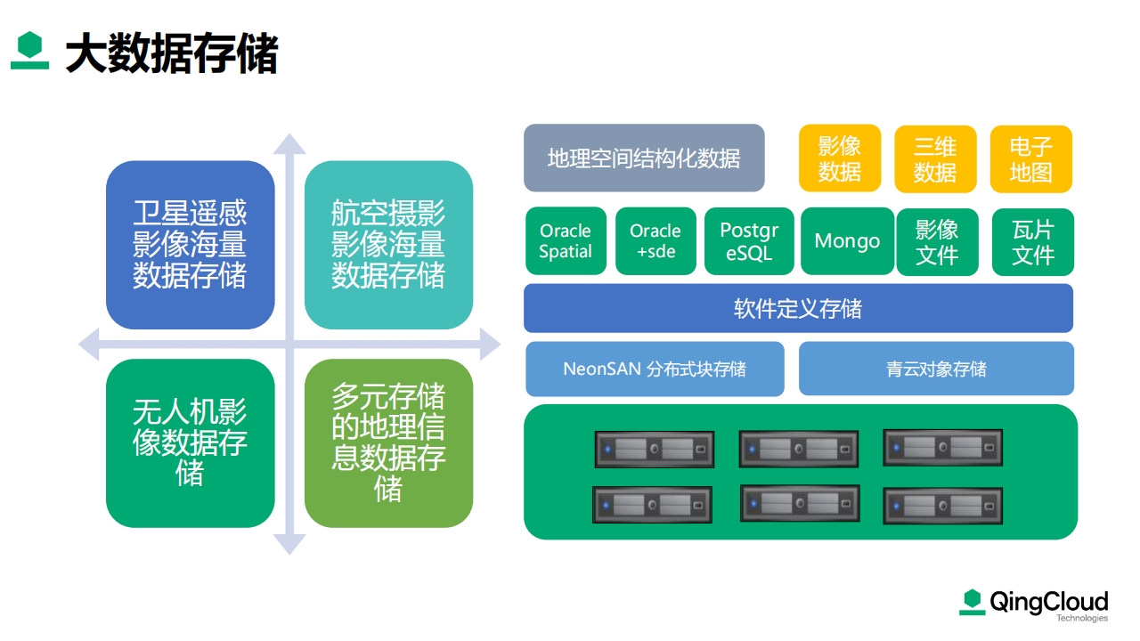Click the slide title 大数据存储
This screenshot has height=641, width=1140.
(172, 53)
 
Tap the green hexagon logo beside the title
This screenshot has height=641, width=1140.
(29, 50)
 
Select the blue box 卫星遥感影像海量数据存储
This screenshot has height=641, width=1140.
(191, 245)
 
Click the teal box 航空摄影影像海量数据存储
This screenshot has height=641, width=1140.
(389, 245)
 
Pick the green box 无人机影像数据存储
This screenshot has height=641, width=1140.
(191, 443)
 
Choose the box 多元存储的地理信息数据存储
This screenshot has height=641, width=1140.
(389, 443)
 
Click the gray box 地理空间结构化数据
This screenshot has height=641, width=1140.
(644, 158)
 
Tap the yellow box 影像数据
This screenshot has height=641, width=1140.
(840, 158)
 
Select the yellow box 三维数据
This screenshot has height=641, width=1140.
(935, 158)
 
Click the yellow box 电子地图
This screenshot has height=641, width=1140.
(1031, 158)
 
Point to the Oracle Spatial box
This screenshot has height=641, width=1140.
(566, 240)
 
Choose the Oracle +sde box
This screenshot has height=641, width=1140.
(655, 240)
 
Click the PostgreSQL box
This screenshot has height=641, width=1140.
(749, 241)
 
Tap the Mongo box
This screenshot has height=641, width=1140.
(847, 241)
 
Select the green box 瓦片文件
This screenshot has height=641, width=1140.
(1033, 242)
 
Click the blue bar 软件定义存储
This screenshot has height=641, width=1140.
(799, 308)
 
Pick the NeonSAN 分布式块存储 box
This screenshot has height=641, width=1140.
(655, 369)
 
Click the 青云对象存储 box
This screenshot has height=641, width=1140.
(936, 369)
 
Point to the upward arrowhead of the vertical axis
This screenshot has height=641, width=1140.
(289, 143)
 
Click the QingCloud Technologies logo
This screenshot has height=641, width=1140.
(1034, 605)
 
